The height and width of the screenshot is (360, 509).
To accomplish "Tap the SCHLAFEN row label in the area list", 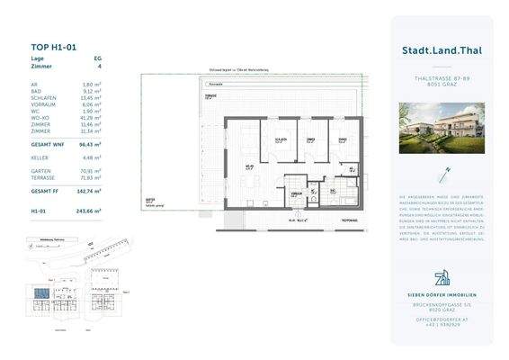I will [x=41, y=97].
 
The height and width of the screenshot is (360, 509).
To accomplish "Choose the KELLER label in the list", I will [x=39, y=157].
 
